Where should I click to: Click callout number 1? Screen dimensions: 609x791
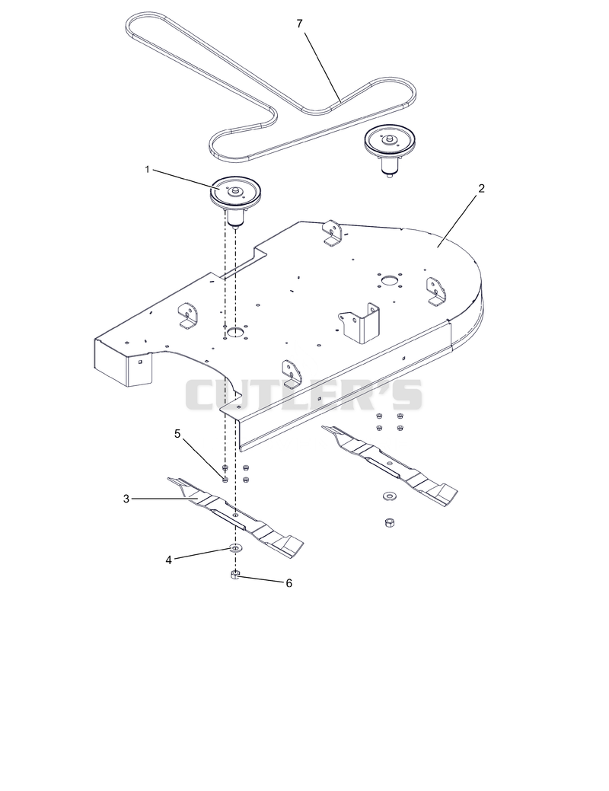[x=148, y=170]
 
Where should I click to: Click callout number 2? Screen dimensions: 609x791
[x=481, y=188]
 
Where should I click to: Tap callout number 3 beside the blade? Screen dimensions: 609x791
[x=126, y=499]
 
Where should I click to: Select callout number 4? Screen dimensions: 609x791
[x=169, y=560]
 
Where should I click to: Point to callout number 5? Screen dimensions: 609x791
[x=177, y=434]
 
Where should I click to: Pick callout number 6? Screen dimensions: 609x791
[x=289, y=583]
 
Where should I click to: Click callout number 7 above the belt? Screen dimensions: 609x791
[x=300, y=24]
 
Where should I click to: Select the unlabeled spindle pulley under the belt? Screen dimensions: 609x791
[x=388, y=146]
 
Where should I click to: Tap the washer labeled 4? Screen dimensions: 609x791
[x=236, y=547]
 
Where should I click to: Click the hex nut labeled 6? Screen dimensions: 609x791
[x=235, y=575]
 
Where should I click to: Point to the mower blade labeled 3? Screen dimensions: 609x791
[x=236, y=518]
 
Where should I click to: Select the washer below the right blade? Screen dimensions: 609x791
[x=388, y=495]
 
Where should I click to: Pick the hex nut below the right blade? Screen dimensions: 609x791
[x=389, y=522]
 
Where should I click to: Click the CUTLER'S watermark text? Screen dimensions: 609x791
[x=304, y=395]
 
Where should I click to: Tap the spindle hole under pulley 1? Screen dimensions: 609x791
[x=234, y=331]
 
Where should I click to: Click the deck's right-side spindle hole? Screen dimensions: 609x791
[x=390, y=279]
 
